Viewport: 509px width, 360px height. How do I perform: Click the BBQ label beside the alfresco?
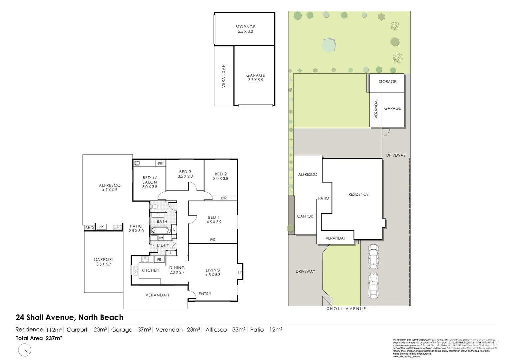click(89, 228)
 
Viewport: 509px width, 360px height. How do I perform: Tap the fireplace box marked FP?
click(240, 272)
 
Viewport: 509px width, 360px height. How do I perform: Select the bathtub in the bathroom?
click(161, 230)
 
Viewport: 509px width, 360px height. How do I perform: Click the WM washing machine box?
click(161, 238)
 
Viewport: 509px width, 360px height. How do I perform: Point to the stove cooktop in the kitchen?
click(145, 259)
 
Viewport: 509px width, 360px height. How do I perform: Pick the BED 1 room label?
click(214, 217)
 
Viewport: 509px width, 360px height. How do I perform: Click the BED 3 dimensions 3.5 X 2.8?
click(185, 176)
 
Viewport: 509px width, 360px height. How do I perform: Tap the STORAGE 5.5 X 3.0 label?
click(246, 29)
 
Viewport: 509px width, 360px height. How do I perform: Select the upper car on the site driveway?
click(373, 256)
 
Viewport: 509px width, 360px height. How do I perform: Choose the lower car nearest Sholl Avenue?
click(373, 286)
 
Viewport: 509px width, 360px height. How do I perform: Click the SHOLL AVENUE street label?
click(346, 309)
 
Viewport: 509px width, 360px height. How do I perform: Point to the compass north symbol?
click(25, 350)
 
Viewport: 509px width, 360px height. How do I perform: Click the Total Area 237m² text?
click(39, 338)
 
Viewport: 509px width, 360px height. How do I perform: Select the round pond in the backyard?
click(329, 45)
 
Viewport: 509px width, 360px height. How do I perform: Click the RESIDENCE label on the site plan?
click(358, 194)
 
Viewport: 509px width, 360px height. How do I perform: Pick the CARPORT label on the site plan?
click(306, 216)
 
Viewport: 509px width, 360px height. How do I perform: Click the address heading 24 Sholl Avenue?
click(69, 317)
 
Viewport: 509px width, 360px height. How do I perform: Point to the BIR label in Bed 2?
click(224, 198)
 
